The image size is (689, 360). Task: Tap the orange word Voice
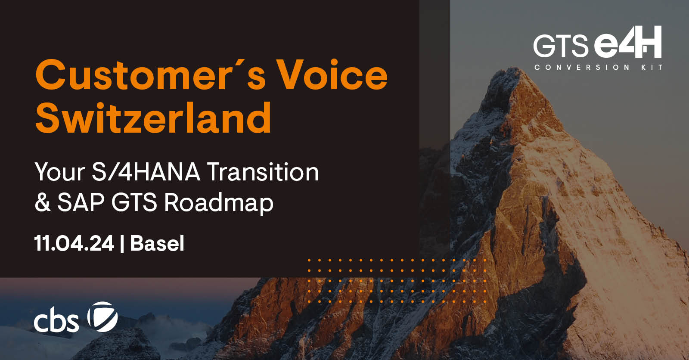tap(332, 75)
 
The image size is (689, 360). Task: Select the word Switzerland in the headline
tap(153, 118)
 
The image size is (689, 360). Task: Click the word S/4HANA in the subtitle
tap(146, 172)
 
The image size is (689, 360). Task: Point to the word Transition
tap(263, 172)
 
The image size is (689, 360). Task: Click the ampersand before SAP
tap(43, 202)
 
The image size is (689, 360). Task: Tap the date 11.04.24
tap(74, 243)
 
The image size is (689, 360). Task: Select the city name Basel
tap(157, 243)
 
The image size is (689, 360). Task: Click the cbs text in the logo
tap(56, 321)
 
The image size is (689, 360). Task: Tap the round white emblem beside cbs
tap(102, 317)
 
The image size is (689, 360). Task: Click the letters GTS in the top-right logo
tap(560, 46)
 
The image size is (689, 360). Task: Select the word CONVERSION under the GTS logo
tap(582, 67)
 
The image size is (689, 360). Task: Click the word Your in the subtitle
tap(59, 172)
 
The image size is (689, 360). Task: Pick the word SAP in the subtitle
tap(81, 202)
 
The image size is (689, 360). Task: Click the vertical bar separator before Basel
tap(122, 244)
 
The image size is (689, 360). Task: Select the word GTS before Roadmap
tap(134, 202)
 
